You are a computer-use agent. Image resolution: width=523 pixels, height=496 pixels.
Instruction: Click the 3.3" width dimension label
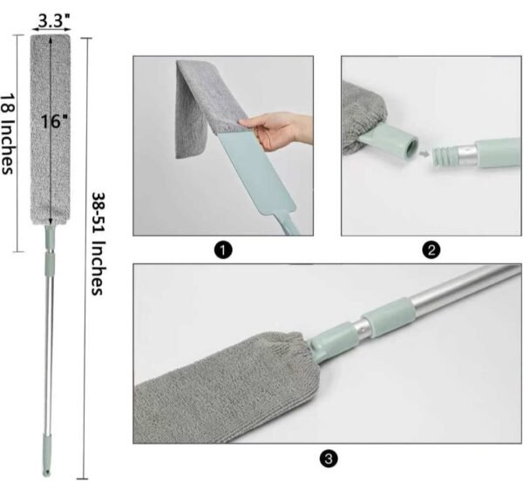click(54, 15)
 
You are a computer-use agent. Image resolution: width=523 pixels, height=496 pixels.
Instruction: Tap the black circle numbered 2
click(430, 251)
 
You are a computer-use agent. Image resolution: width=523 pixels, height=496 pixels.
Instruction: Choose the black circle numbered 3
click(327, 458)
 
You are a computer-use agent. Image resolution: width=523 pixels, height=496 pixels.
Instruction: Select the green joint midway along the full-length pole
click(50, 262)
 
